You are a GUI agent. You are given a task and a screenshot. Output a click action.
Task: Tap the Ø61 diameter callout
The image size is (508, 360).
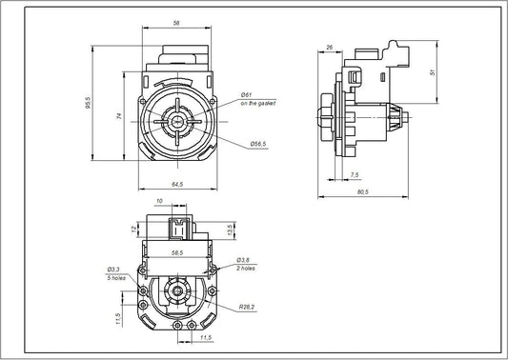tap(246, 94)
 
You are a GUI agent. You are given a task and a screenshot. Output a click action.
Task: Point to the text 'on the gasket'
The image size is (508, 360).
tap(258, 103)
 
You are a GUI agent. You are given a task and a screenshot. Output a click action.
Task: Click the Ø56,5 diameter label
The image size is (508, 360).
tap(257, 143)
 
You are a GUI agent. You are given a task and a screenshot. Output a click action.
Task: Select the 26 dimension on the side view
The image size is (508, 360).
tap(328, 47)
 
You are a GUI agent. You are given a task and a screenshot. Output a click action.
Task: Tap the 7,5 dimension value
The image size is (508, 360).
tap(355, 175)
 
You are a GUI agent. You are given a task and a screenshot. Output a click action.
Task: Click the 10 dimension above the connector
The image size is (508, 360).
tap(158, 201)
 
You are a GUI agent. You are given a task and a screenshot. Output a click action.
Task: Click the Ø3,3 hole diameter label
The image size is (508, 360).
tap(115, 270)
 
